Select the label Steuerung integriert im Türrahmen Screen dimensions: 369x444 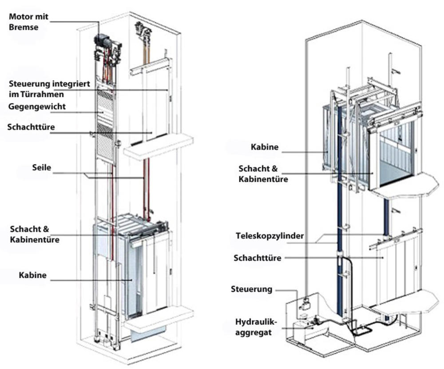point(49,88)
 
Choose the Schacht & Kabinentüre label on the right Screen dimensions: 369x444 point(263,174)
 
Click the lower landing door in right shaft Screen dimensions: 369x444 point(395,266)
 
